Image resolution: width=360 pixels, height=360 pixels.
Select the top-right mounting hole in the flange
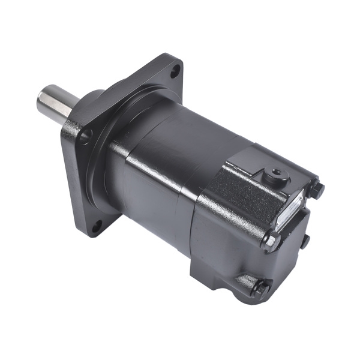coord(175,73)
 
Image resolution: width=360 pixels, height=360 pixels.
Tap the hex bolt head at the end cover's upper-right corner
coord(318,189)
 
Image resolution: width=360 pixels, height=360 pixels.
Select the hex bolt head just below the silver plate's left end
coord(272,240)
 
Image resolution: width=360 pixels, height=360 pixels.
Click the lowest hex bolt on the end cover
coord(260,288)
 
